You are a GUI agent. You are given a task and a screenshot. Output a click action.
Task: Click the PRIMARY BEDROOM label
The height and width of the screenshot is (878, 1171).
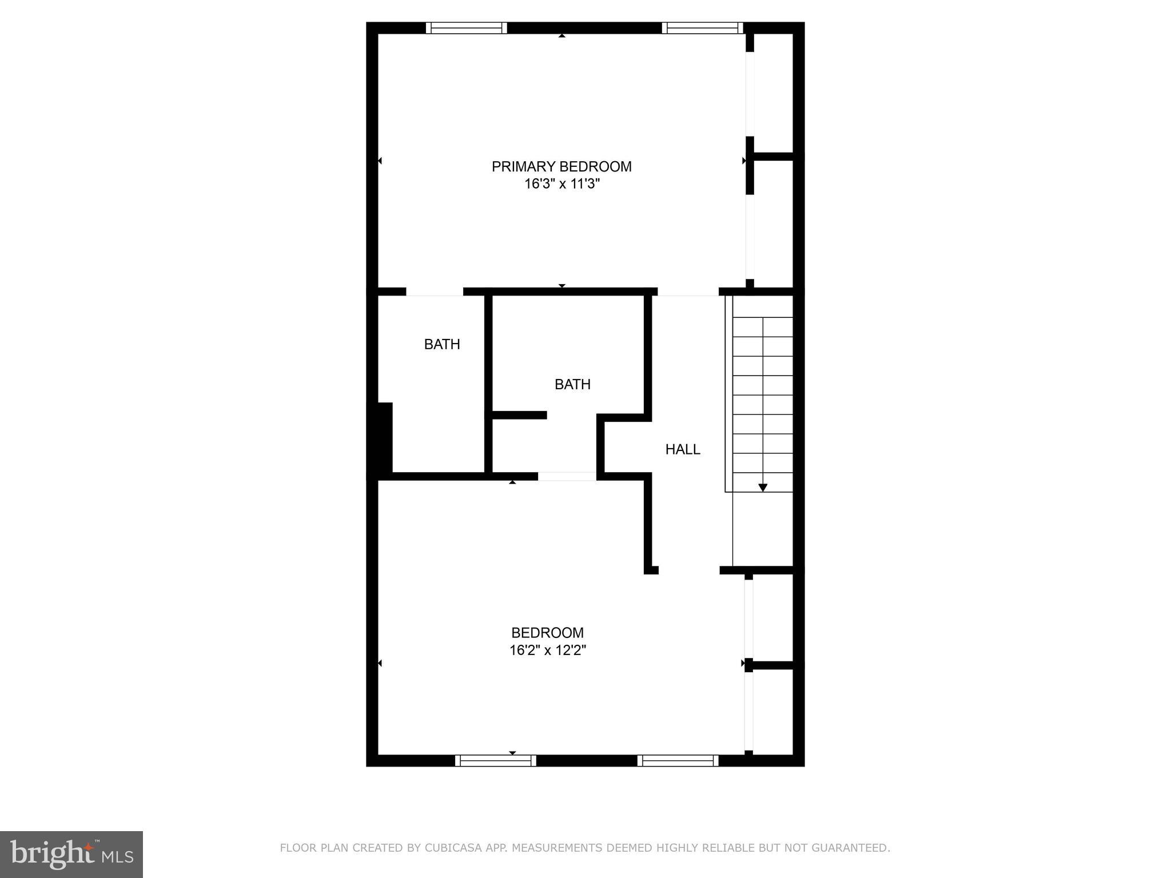tap(561, 166)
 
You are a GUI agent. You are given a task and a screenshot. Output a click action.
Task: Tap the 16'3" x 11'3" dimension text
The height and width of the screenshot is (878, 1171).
tap(561, 184)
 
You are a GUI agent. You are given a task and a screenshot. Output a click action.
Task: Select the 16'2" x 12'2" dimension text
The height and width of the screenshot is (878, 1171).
tap(548, 650)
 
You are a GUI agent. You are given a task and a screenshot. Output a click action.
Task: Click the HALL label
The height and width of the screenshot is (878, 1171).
tap(682, 449)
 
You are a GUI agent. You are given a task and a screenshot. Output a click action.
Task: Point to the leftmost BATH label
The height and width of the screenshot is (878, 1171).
tap(442, 344)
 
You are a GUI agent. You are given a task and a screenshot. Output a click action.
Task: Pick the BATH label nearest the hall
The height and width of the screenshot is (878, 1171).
tap(572, 384)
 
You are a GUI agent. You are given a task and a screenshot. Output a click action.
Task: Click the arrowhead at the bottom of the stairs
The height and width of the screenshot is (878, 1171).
tap(763, 488)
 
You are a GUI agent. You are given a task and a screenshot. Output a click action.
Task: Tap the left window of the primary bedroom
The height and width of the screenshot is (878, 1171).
tap(467, 28)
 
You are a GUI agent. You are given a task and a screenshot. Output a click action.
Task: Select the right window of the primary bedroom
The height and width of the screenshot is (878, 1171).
tap(702, 28)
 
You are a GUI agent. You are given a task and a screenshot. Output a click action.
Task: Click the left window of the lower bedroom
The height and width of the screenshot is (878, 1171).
tap(496, 760)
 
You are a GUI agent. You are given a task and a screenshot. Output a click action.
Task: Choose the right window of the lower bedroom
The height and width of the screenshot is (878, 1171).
tap(678, 760)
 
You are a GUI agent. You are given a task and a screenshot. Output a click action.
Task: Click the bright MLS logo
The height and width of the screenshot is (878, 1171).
tap(71, 854)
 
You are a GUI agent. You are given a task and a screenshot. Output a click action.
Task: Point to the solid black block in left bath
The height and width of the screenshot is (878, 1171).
tap(381, 437)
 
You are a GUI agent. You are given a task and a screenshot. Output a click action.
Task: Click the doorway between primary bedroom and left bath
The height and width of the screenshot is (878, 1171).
tap(435, 292)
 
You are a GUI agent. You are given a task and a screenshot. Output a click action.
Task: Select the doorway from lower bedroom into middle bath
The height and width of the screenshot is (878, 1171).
tap(567, 476)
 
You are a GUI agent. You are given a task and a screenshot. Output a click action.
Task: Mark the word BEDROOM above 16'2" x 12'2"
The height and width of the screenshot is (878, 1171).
tap(547, 633)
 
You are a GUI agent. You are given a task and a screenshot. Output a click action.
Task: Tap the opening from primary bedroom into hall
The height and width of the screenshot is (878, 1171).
tap(688, 292)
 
